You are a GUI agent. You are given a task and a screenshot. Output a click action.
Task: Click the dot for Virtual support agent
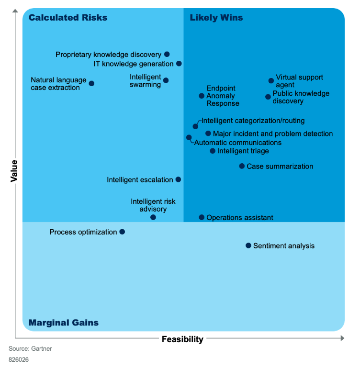click(271, 81)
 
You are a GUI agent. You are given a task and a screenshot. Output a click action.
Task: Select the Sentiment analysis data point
click(248, 245)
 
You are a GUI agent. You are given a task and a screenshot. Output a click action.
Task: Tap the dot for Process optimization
click(122, 232)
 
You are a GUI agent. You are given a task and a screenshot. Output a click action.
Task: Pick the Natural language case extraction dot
click(91, 83)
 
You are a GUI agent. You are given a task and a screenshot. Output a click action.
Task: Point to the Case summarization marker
click(242, 166)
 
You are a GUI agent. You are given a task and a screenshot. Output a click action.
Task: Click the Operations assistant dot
click(202, 217)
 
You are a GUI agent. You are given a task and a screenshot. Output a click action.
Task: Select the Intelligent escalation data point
click(178, 179)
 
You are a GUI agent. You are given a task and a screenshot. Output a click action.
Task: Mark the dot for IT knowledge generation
click(179, 63)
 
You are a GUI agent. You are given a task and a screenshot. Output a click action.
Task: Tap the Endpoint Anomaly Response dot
click(202, 96)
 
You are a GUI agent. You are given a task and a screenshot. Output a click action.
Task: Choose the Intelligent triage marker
click(213, 151)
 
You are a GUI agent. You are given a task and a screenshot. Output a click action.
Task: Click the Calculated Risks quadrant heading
click(68, 18)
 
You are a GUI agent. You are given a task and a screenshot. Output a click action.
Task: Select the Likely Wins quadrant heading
click(216, 18)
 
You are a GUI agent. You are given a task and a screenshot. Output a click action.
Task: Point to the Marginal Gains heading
click(64, 323)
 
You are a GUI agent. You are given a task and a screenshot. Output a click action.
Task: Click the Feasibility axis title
click(182, 339)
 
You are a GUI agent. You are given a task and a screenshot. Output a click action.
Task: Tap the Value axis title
click(14, 171)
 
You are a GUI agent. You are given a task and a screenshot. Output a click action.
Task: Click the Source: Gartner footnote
click(30, 349)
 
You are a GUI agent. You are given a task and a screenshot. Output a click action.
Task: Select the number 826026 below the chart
click(19, 359)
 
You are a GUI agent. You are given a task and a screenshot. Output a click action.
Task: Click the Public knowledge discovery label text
click(301, 97)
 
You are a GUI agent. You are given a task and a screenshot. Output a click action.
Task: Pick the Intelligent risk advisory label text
click(153, 205)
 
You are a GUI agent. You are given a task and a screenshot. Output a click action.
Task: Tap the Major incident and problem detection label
click(272, 134)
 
